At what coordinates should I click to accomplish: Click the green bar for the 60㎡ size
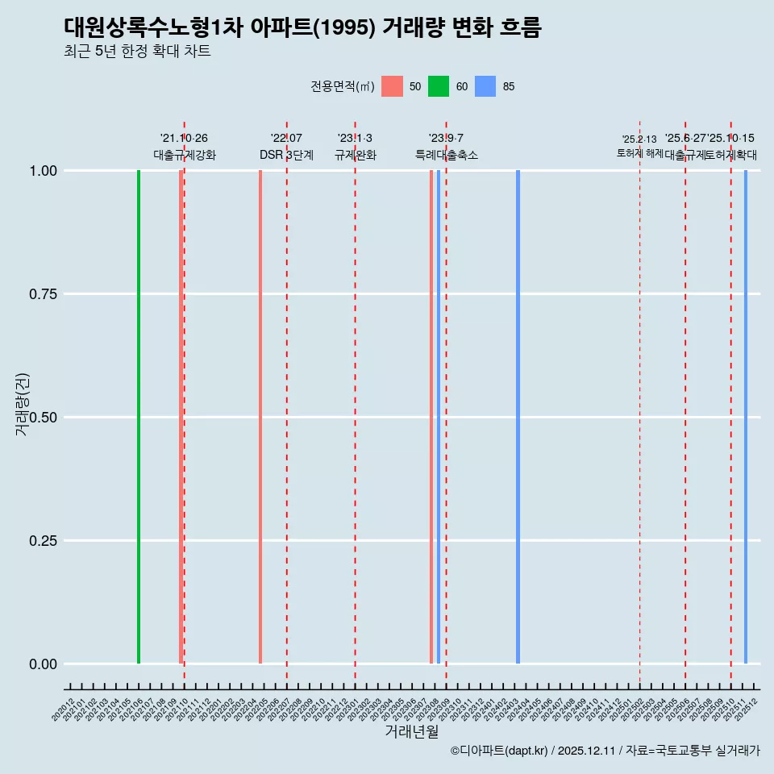139,417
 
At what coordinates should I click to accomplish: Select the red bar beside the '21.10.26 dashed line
181,417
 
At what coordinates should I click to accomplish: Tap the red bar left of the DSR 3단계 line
260,417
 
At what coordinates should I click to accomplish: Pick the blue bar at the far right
746,417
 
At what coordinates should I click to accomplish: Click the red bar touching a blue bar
432,417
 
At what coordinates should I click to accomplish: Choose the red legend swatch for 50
392,86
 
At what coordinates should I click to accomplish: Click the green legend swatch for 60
439,86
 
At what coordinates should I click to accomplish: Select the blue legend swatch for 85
485,86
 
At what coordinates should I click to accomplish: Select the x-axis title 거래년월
411,732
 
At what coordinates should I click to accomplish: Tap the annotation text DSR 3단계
286,155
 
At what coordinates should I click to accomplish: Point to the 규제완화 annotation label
356,155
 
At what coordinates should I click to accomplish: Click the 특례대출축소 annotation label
447,155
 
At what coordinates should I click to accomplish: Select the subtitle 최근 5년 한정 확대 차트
137,52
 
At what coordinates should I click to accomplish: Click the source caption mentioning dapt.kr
605,751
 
